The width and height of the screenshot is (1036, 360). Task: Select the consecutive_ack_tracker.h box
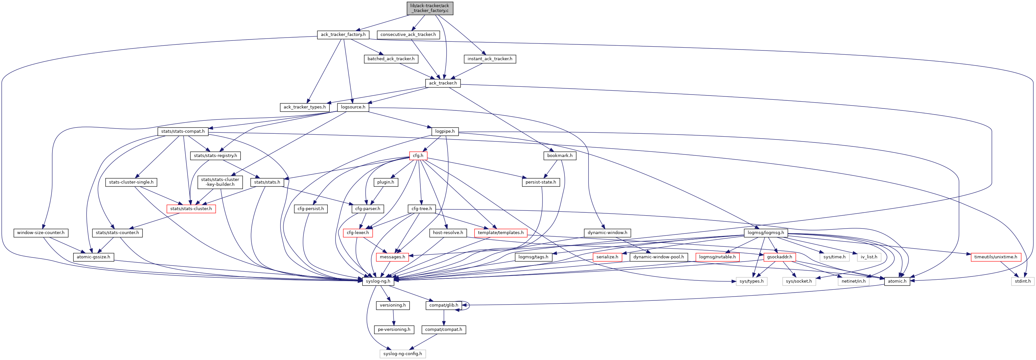click(408, 35)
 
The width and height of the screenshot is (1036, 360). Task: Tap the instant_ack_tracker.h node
click(489, 59)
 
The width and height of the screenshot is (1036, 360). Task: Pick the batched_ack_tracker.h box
click(391, 59)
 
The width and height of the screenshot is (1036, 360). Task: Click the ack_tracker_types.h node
click(304, 107)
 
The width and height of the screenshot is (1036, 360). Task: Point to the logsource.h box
click(353, 107)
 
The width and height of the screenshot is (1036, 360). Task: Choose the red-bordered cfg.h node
click(418, 156)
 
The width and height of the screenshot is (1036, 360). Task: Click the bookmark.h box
click(559, 156)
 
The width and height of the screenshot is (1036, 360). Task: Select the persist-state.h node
click(541, 182)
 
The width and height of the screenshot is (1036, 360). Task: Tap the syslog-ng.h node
click(378, 281)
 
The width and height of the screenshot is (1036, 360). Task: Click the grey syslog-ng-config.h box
click(402, 354)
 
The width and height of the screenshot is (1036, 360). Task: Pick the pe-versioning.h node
click(394, 330)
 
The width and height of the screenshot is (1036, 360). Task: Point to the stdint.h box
click(1022, 281)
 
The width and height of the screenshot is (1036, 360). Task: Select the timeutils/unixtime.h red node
click(996, 257)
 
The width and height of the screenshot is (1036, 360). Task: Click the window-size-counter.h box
click(40, 233)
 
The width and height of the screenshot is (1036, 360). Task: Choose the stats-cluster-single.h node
click(131, 182)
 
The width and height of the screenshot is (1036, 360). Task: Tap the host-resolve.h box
click(448, 233)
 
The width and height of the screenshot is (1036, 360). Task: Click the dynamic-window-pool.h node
click(658, 257)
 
